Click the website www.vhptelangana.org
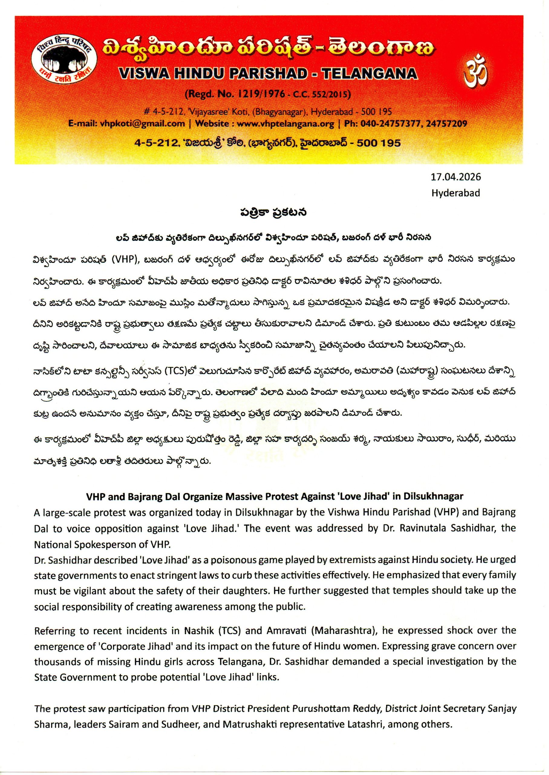(285, 124)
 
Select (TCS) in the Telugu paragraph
(175, 371)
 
